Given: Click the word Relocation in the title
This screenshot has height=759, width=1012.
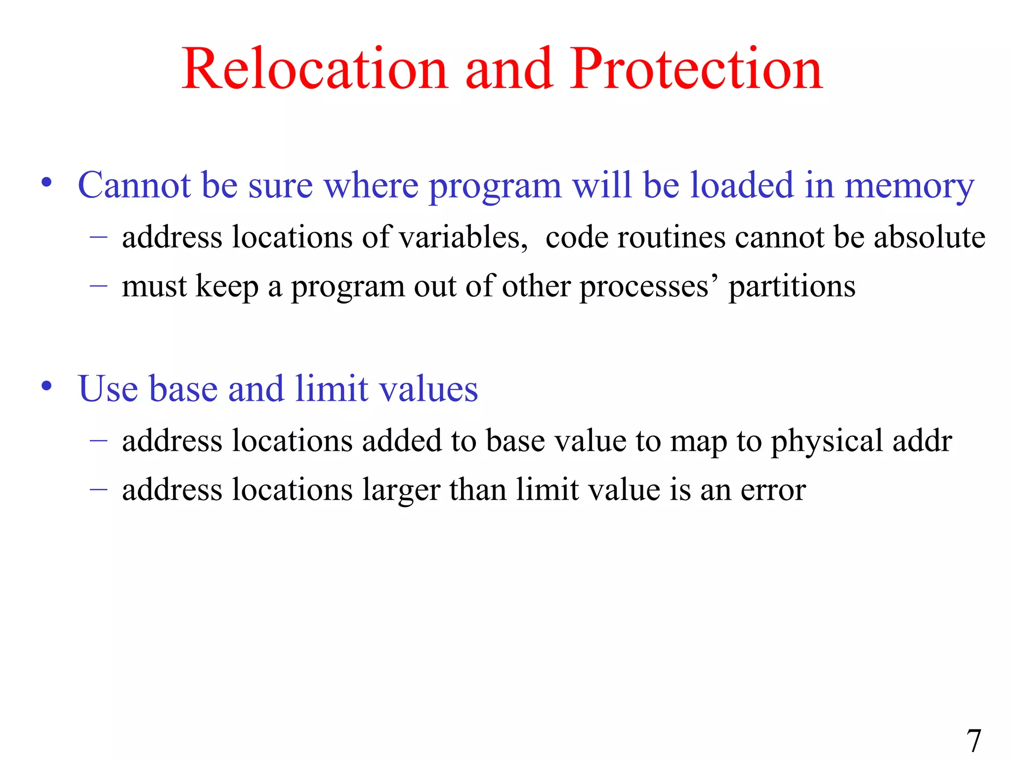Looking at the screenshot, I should point(315,70).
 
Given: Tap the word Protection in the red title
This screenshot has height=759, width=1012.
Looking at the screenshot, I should point(696,70).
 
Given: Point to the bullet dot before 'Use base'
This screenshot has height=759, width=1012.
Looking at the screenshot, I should point(47,386).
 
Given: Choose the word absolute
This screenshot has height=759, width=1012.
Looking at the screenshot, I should point(929,237).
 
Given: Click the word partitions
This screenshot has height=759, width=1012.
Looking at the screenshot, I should point(792,287).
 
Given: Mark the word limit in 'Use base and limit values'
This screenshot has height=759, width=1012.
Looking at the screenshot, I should point(332,389).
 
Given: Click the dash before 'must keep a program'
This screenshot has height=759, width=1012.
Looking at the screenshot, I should point(99,286).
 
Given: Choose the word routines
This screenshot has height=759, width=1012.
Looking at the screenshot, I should point(672,237).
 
